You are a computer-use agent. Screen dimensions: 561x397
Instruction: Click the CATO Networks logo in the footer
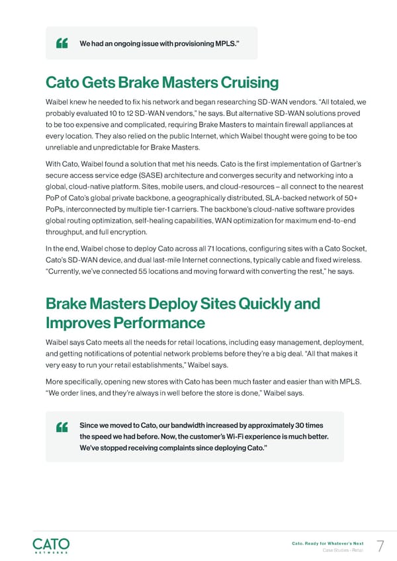(51, 546)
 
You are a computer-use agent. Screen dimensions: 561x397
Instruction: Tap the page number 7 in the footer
(380, 546)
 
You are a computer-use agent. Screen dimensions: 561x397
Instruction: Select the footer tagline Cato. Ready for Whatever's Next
(328, 543)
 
